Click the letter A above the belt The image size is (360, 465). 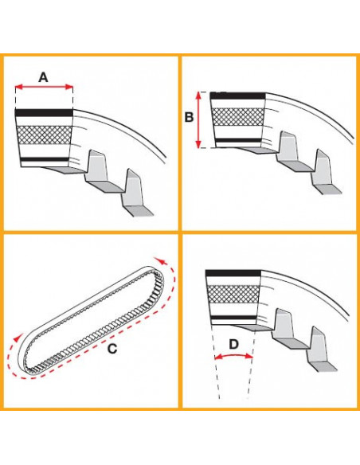pyautogui.click(x=44, y=76)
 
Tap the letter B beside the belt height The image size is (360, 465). pyautogui.click(x=189, y=118)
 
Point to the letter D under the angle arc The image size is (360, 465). pyautogui.click(x=233, y=345)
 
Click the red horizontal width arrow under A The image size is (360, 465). pyautogui.click(x=44, y=88)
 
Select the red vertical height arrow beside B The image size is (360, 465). pyautogui.click(x=199, y=119)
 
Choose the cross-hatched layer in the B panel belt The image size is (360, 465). pyautogui.click(x=237, y=117)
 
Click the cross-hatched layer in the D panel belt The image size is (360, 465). pyautogui.click(x=233, y=295)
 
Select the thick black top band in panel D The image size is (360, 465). pyautogui.click(x=233, y=273)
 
